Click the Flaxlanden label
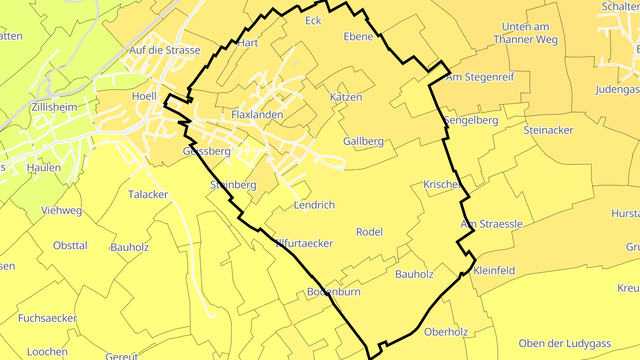pos(257,115)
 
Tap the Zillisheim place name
pos(54,107)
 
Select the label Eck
pos(313,21)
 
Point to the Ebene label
pos(358,36)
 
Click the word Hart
pos(248,43)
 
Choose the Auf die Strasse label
pos(164,50)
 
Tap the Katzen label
pos(346,97)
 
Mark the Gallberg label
pos(363,141)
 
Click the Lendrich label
pos(314,205)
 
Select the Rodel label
pos(369,232)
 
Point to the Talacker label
pos(148,194)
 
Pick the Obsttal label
pos(70,245)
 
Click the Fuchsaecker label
pos(48,318)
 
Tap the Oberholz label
pos(446,332)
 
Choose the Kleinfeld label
pos(494,270)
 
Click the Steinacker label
pos(548,130)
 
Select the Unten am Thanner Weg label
pos(525,33)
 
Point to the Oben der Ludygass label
pos(565,344)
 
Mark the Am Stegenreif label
pos(480,77)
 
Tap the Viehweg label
pos(61,210)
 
